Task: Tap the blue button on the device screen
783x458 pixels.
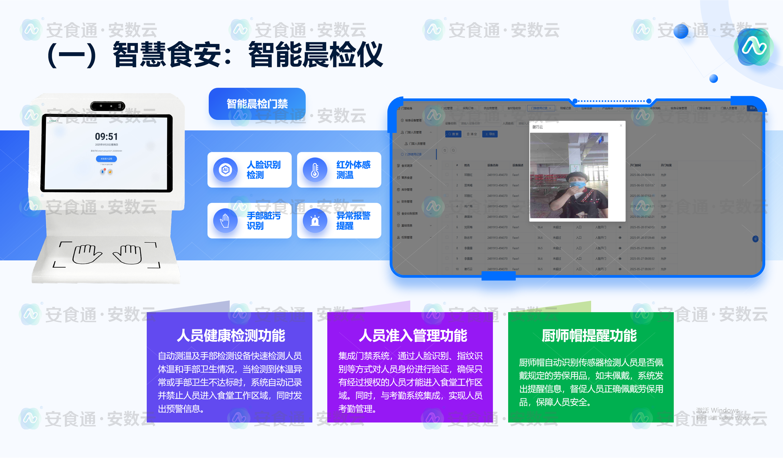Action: pyautogui.click(x=106, y=159)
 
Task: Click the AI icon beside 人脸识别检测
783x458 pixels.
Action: pyautogui.click(x=225, y=170)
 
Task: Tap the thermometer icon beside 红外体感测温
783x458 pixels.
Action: pyautogui.click(x=315, y=170)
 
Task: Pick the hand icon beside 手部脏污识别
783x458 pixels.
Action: pyautogui.click(x=225, y=221)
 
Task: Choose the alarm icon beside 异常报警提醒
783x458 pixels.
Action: pyautogui.click(x=315, y=221)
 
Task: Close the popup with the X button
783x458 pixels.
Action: pyautogui.click(x=621, y=125)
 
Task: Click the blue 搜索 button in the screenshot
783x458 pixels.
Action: pyautogui.click(x=453, y=134)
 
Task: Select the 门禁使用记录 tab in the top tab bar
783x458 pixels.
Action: pyautogui.click(x=539, y=108)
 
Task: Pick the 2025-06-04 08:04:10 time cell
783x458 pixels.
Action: pyautogui.click(x=642, y=175)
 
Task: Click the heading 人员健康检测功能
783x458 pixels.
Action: pyautogui.click(x=231, y=336)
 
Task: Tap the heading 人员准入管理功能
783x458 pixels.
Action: pyautogui.click(x=413, y=336)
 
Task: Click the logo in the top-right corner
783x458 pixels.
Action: pyautogui.click(x=754, y=47)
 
